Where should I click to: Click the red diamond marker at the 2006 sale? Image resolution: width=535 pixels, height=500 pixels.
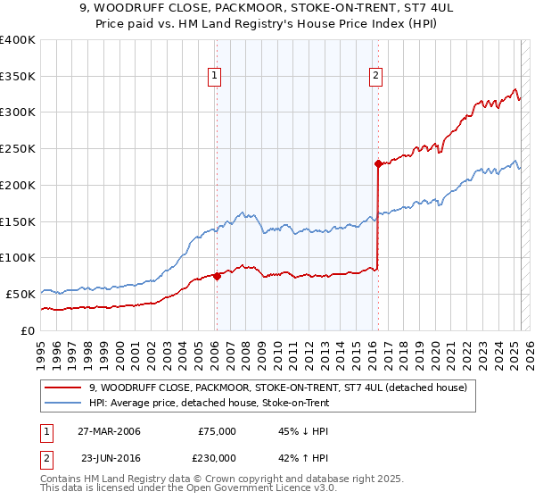[217, 276]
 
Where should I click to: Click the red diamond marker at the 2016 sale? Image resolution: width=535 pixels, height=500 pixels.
[378, 163]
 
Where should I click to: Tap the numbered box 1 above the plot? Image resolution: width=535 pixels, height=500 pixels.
[216, 77]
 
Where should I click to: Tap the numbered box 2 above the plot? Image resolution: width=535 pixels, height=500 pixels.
[376, 77]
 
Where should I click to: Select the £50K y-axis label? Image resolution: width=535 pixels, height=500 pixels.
[21, 294]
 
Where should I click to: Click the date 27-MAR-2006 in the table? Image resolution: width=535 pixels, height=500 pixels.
[108, 431]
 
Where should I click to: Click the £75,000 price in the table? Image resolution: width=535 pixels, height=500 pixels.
[217, 431]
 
